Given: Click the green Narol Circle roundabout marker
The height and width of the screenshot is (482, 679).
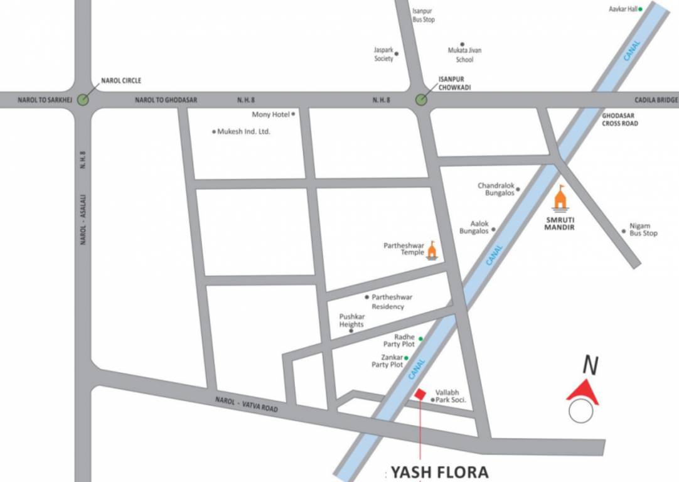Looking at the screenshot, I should click(83, 99).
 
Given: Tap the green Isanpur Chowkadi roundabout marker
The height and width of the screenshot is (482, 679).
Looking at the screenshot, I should click(421, 99).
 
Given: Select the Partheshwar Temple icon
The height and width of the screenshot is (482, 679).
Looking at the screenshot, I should click(432, 250).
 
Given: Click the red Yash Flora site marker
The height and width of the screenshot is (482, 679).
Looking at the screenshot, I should click(420, 393).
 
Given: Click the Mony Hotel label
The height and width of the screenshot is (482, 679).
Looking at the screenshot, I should click(270, 114).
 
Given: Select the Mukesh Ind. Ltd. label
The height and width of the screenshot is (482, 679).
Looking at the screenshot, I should click(243, 132).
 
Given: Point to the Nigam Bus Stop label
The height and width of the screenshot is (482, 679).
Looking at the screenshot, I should click(643, 230).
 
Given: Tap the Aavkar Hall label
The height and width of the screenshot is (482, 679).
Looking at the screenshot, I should click(623, 9).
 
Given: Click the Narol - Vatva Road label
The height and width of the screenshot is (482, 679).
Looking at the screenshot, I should click(246, 404).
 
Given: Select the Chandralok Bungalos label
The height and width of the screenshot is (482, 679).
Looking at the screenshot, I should click(496, 190).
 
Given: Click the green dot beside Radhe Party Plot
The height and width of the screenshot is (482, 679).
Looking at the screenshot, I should click(420, 339).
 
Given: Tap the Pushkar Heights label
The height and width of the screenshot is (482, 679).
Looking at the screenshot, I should click(351, 321).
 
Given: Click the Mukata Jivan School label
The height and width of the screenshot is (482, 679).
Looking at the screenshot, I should click(464, 55).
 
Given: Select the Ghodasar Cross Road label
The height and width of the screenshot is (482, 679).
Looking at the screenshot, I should click(619, 120).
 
